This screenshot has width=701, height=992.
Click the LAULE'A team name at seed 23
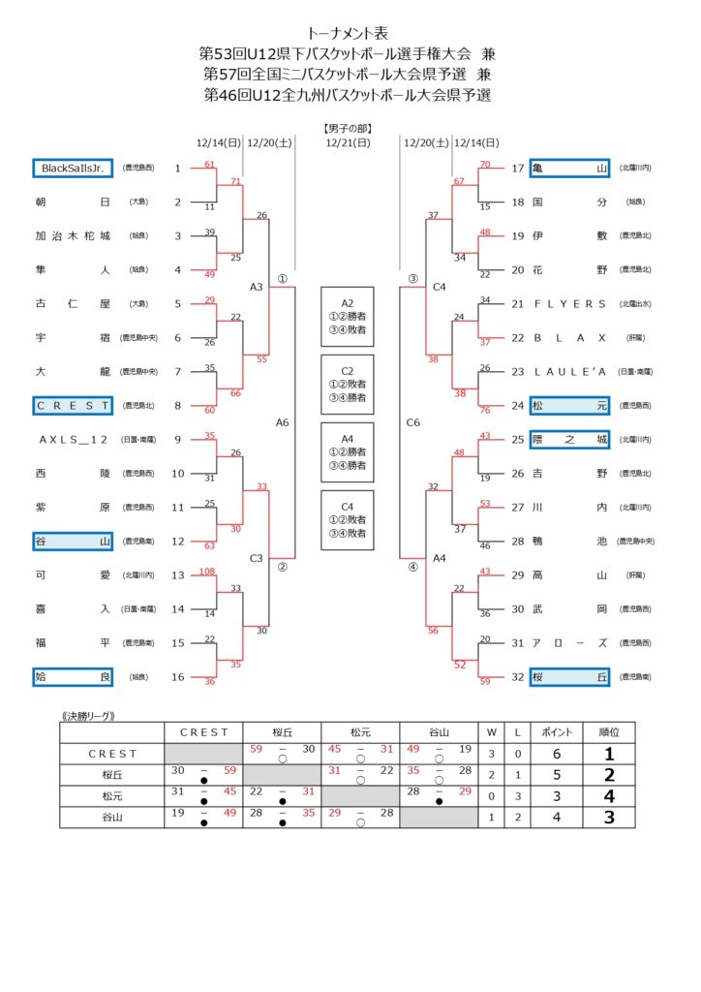tap(569, 371)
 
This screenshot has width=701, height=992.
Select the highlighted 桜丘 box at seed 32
tap(569, 676)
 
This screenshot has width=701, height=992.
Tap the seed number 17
tap(517, 169)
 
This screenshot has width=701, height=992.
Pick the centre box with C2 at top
tap(347, 384)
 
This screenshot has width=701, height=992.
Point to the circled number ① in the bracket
tap(282, 278)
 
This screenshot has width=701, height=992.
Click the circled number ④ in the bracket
tap(413, 567)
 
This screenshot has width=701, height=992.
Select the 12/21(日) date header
tap(348, 143)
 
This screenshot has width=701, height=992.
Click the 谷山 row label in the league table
tap(111, 817)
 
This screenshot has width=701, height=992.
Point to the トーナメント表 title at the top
tap(348, 33)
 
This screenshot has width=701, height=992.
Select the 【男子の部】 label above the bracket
tap(348, 128)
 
